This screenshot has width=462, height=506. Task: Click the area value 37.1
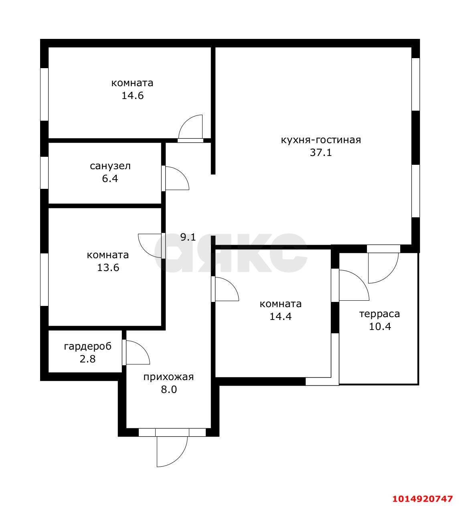click(x=321, y=153)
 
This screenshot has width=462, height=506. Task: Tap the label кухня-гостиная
click(x=321, y=140)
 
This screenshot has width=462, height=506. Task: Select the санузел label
click(x=110, y=166)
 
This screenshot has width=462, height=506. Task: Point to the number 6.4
click(x=110, y=178)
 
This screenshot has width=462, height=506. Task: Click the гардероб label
click(x=87, y=346)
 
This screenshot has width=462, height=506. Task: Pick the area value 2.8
click(x=87, y=359)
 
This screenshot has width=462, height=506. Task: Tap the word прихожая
click(x=168, y=377)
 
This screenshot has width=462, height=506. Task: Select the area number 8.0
click(x=169, y=390)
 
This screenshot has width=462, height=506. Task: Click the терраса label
click(x=379, y=314)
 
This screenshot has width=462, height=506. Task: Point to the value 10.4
click(x=380, y=327)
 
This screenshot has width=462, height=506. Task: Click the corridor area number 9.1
click(x=188, y=237)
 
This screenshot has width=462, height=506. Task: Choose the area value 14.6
click(x=133, y=96)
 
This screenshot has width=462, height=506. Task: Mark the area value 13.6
click(x=108, y=267)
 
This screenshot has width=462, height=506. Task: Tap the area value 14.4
click(x=281, y=316)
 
